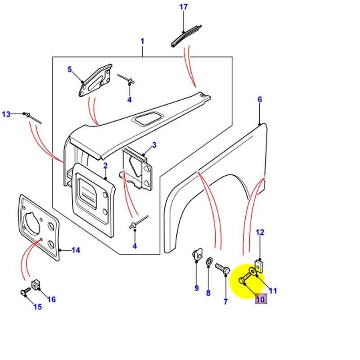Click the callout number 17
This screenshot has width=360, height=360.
tap(183, 7)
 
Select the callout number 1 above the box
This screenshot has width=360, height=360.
tap(142, 41)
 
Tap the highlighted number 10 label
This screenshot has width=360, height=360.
tap(261, 298)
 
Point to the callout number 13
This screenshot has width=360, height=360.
tap(6, 114)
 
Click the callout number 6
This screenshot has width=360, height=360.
tap(260, 99)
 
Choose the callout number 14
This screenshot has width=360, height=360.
tap(76, 250)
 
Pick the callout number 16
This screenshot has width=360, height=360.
tap(52, 299)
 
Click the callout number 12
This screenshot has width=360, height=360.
tap(260, 232)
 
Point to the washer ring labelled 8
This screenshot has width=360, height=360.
tap(210, 262)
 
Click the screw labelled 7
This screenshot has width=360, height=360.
tap(223, 268)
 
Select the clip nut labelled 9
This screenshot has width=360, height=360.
tap(196, 254)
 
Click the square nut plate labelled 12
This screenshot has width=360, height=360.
tap(259, 265)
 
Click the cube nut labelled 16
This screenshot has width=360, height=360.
tap(36, 285)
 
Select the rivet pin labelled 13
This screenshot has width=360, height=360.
tap(33, 117)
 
